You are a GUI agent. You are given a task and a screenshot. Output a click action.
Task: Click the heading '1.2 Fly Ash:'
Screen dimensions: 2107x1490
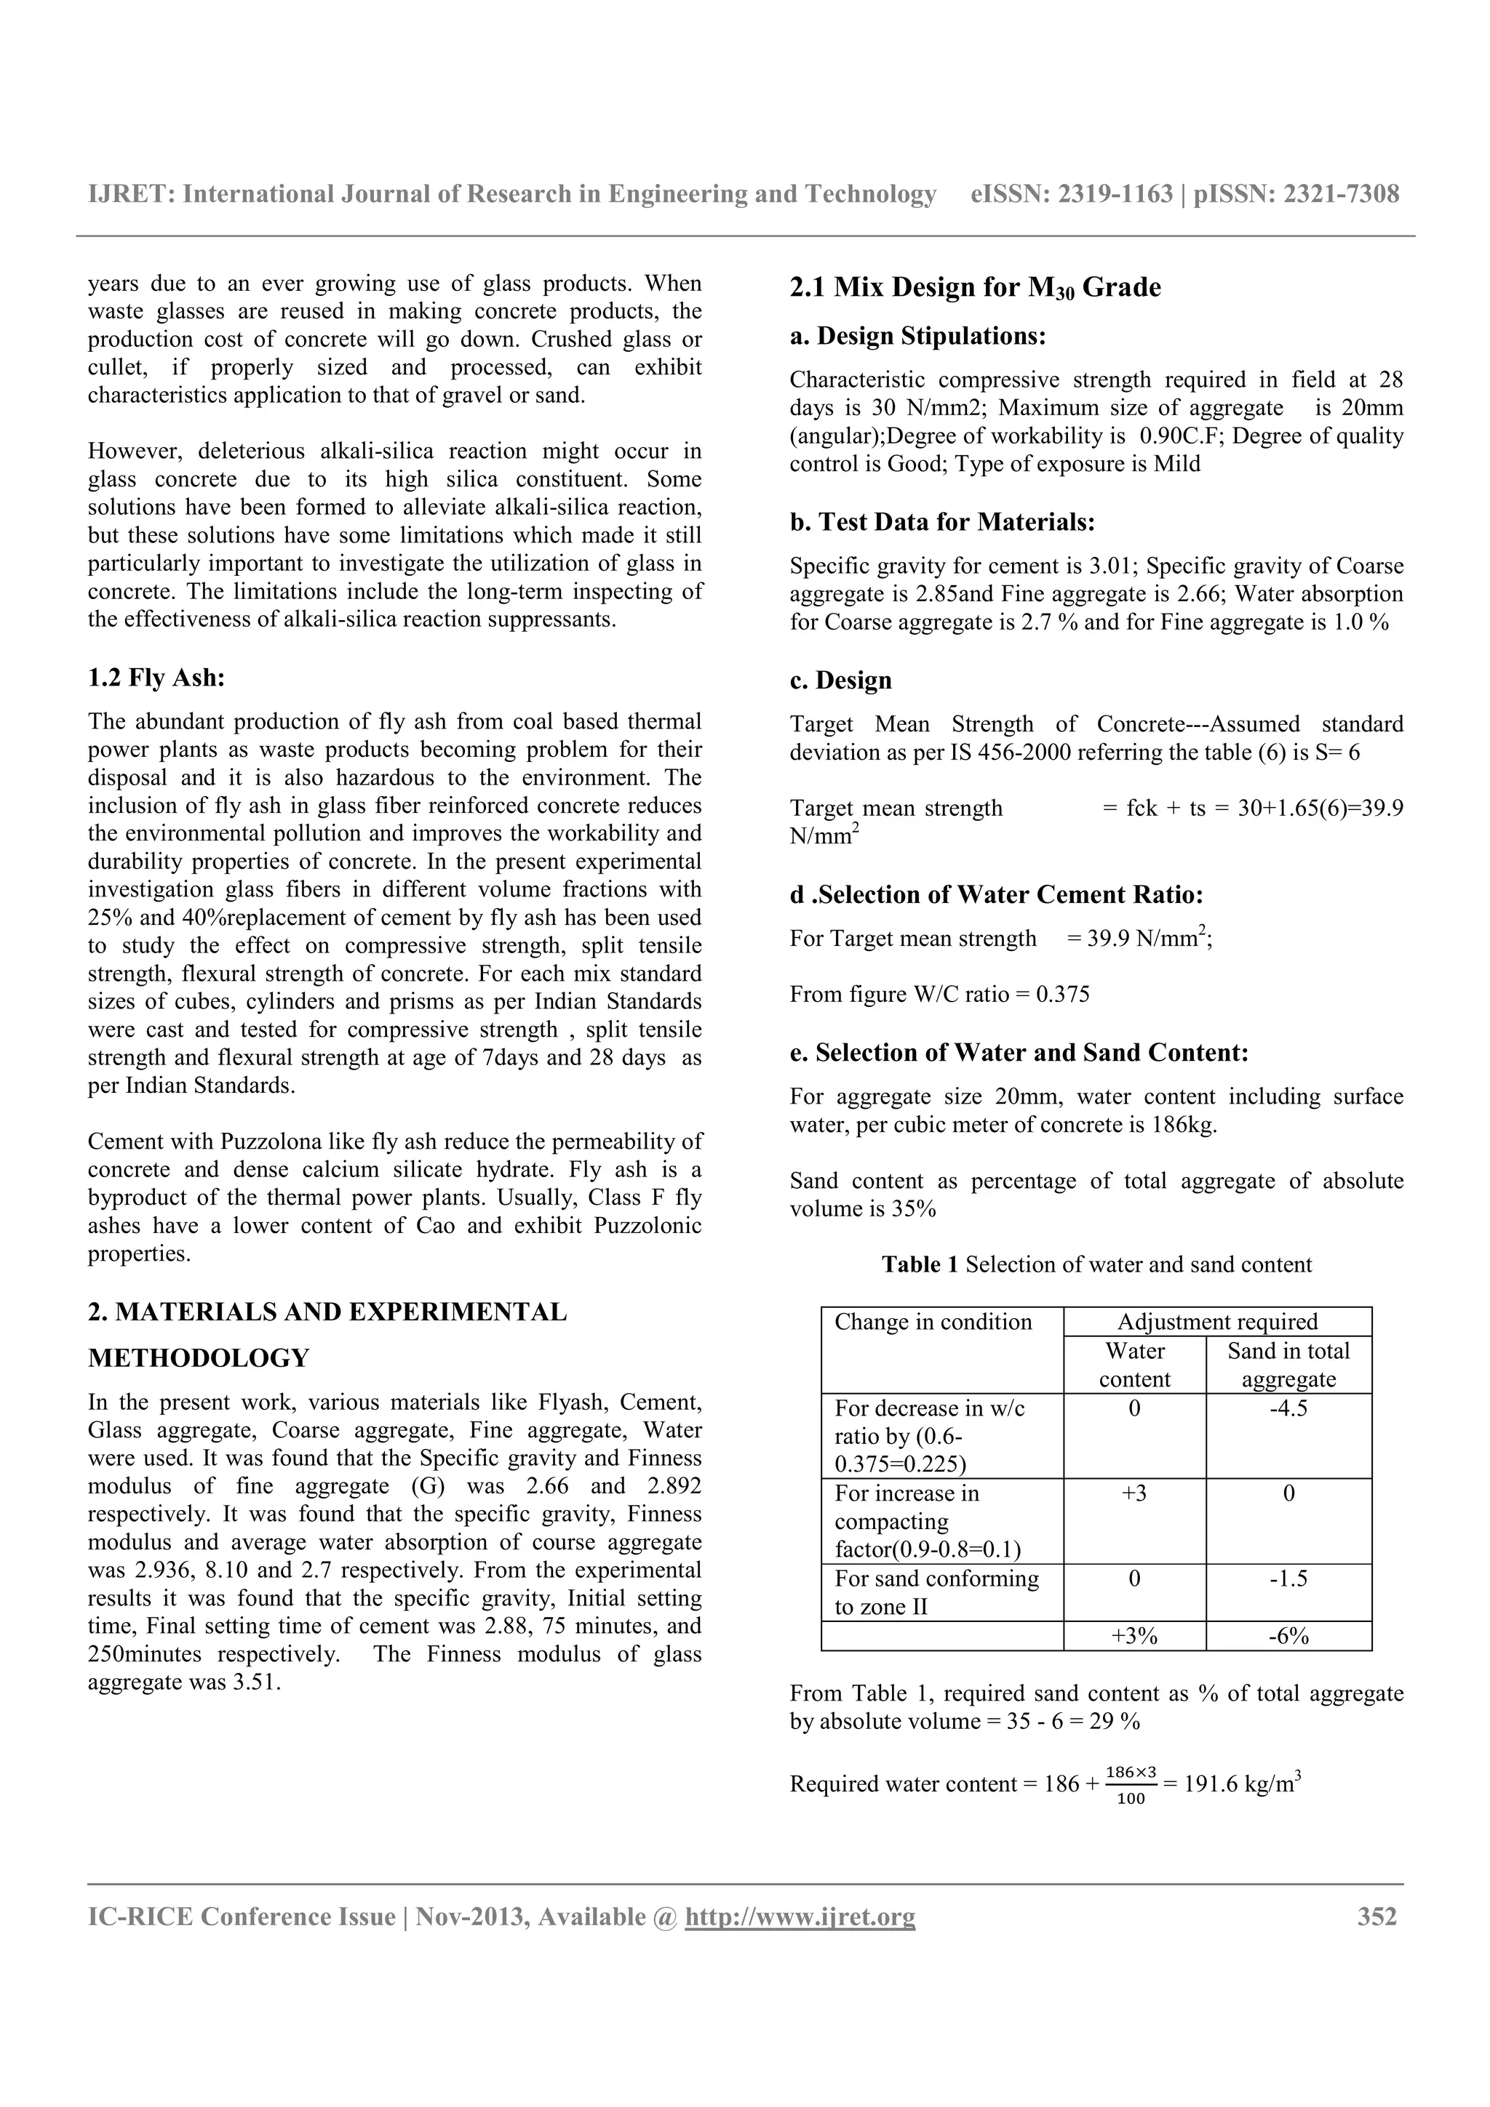[x=156, y=678]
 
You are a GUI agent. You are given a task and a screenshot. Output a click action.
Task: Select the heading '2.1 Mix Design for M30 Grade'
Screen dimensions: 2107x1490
[x=974, y=287]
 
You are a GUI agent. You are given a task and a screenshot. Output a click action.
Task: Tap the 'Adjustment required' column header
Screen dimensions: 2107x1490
[x=1216, y=1322]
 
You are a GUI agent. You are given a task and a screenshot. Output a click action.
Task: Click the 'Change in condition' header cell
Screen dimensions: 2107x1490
[x=933, y=1322]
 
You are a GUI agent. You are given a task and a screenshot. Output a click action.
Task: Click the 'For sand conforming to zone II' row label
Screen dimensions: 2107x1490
[x=936, y=1592]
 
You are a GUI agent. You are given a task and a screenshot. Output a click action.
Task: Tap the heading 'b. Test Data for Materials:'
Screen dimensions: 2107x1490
[x=942, y=522]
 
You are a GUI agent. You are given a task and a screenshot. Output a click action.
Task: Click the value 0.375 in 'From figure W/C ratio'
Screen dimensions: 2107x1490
[x=1062, y=995]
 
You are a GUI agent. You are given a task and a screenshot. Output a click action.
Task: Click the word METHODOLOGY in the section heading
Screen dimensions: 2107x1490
[x=199, y=1358]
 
